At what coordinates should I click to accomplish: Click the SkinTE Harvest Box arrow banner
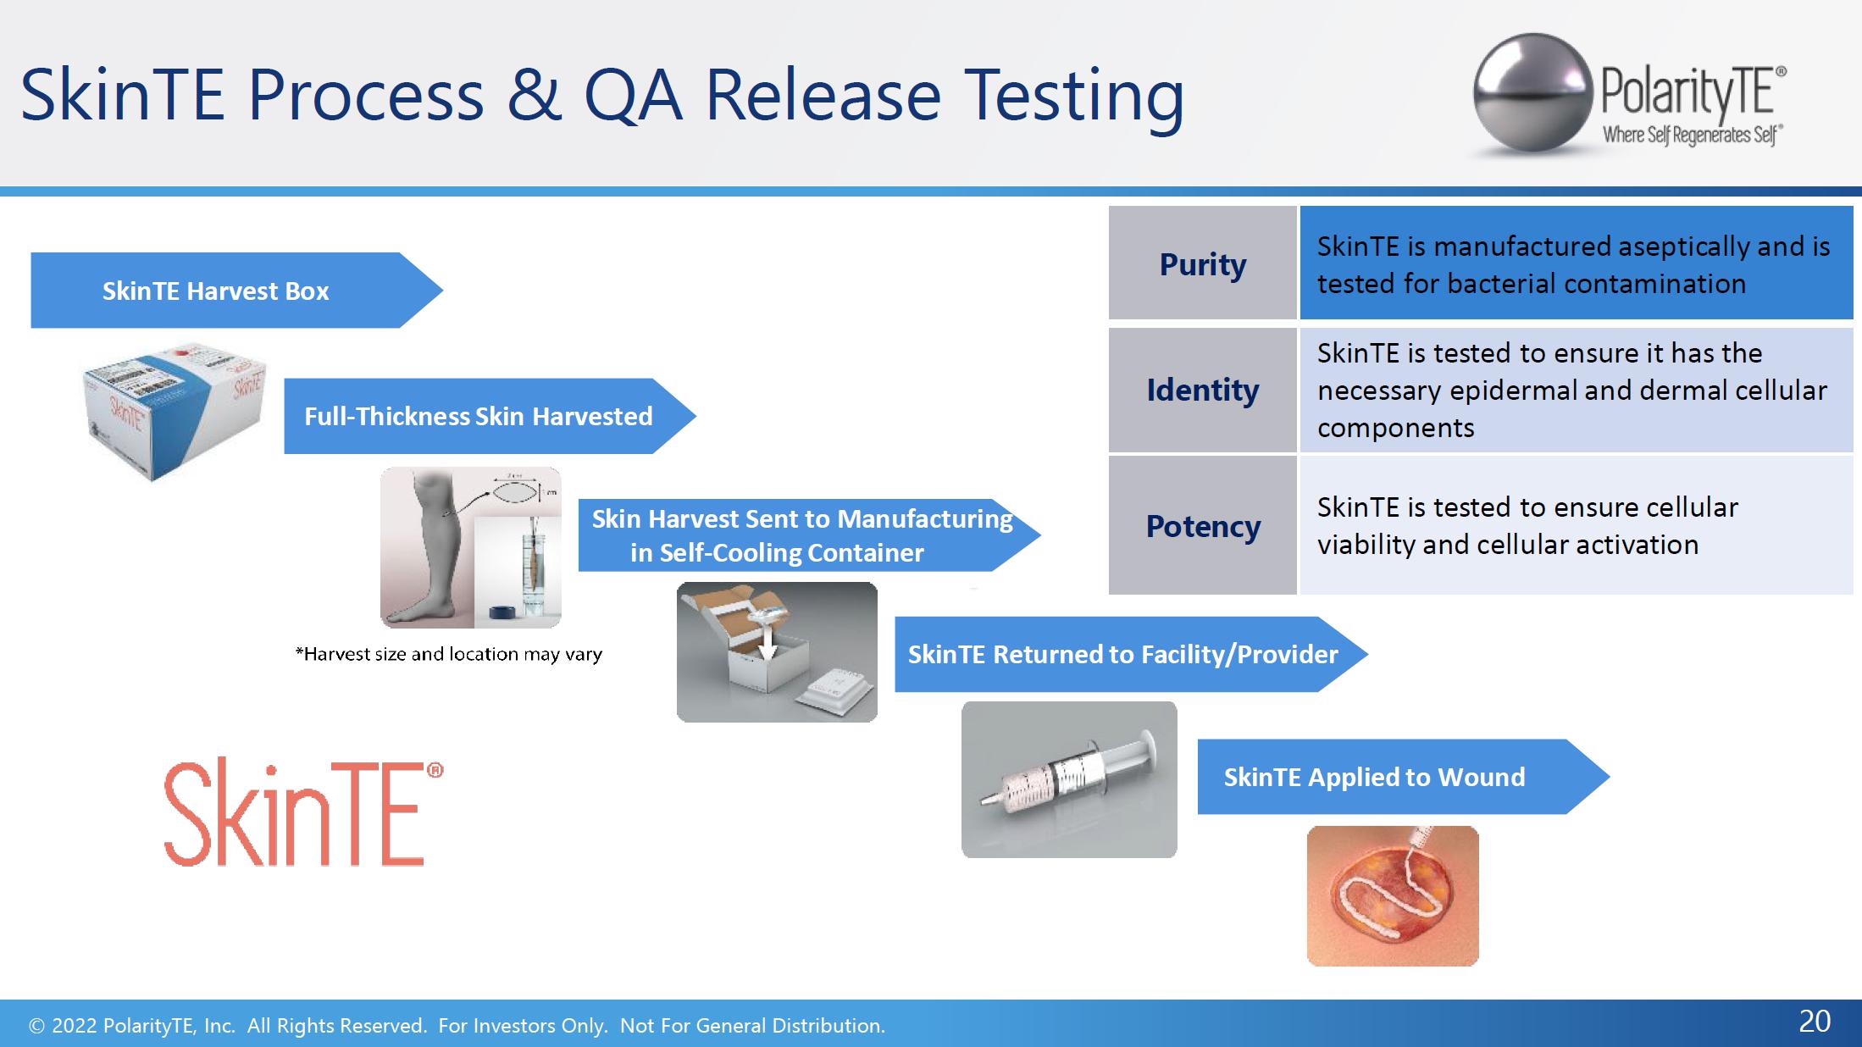(236, 291)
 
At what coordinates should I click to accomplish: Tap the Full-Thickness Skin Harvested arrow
(490, 416)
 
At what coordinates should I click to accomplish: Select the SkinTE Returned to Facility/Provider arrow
(1131, 654)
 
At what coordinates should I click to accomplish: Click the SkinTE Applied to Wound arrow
(1403, 777)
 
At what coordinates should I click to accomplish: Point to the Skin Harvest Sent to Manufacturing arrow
(809, 535)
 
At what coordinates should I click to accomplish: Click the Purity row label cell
(1202, 263)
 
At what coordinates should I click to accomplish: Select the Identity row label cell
(1202, 391)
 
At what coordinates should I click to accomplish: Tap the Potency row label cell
(1202, 526)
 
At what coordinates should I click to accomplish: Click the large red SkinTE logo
(303, 812)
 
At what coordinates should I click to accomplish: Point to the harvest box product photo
(175, 411)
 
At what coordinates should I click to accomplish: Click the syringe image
(1069, 779)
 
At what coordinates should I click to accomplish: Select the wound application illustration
(1393, 896)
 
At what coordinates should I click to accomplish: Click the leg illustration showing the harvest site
(471, 547)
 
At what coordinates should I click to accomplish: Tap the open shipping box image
(777, 652)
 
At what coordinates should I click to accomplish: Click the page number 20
(1815, 1022)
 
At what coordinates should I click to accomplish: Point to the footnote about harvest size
(448, 654)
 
